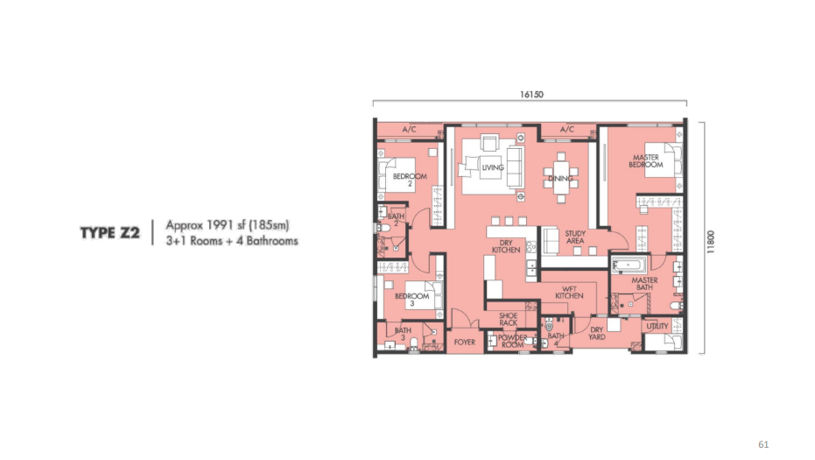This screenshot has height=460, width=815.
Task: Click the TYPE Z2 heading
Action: click(109, 232)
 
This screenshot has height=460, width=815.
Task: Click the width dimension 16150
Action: click(531, 95)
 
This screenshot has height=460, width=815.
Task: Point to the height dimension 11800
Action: click(711, 242)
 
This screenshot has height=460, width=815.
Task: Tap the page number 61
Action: click(763, 444)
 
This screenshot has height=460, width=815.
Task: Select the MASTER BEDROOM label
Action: click(645, 161)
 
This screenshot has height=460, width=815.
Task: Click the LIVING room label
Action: click(493, 167)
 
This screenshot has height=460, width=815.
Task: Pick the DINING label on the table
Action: click(560, 179)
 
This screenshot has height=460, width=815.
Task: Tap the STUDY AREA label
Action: click(575, 237)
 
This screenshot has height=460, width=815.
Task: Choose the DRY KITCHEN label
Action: click(506, 247)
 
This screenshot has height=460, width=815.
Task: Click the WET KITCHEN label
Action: click(569, 292)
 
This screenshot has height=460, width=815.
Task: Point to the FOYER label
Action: click(464, 342)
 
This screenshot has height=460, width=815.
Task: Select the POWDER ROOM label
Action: click(512, 341)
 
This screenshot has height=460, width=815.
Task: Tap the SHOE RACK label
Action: click(508, 319)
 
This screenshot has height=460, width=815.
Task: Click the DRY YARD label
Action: click(597, 333)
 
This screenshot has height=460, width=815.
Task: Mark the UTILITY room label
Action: click(657, 326)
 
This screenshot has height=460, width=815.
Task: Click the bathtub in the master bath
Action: click(629, 265)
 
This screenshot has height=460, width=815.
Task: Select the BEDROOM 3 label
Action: click(411, 299)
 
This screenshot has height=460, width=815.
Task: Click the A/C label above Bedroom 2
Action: click(409, 129)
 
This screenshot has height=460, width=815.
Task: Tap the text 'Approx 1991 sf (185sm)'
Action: click(227, 225)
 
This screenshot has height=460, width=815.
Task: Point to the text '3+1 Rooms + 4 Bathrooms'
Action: click(232, 241)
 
